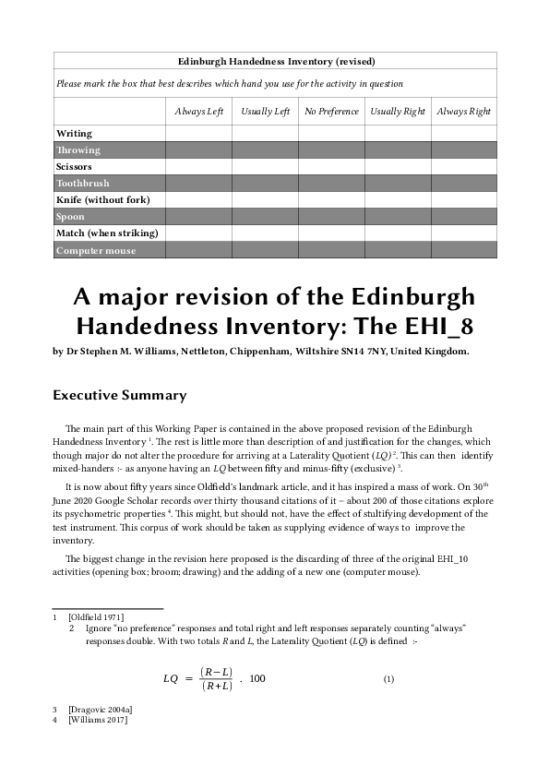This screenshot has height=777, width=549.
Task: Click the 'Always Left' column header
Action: tap(199, 112)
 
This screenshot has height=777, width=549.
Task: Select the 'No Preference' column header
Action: tap(331, 112)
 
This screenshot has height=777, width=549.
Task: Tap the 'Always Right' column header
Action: tap(464, 112)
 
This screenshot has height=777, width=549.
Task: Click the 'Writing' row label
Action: tap(75, 134)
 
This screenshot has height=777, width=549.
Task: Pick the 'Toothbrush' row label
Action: tap(83, 184)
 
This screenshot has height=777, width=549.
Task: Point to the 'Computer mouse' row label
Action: tap(96, 251)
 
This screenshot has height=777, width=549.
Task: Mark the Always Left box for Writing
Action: tap(198, 134)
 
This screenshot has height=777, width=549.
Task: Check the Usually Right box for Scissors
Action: tap(398, 167)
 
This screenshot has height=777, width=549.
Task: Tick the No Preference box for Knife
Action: tap(331, 200)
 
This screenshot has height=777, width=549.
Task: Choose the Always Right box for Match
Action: tap(464, 233)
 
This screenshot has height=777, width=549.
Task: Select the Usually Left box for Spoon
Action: tap(265, 217)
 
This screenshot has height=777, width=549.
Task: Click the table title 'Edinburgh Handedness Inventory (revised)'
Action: tap(276, 62)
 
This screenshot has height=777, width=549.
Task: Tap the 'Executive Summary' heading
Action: tap(120, 396)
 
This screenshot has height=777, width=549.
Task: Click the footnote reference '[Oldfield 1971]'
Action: tap(96, 616)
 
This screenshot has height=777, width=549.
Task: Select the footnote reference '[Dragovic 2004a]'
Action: tap(100, 709)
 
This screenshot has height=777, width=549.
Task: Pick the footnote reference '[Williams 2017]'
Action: tap(98, 720)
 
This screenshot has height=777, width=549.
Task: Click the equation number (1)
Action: tap(388, 679)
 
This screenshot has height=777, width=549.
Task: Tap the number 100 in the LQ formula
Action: tap(257, 679)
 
